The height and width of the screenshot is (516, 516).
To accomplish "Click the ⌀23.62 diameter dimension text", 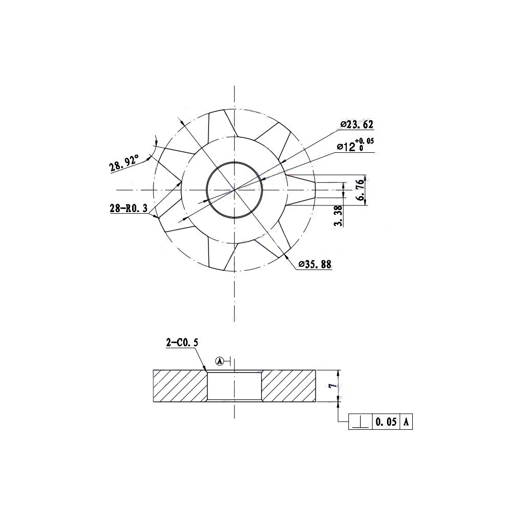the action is tap(357, 124).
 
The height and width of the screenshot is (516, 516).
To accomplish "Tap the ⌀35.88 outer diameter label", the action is tap(315, 264).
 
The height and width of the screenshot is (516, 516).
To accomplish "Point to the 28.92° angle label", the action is tap(124, 163).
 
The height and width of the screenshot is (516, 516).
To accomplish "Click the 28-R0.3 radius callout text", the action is tap(128, 208).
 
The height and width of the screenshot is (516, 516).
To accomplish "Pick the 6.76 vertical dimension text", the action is tap(361, 190).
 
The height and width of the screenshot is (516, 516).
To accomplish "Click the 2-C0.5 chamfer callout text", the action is tap(182, 343).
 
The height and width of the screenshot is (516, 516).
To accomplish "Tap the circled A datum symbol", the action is tap(219, 361).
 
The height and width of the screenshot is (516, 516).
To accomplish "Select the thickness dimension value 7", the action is tap(334, 385).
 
